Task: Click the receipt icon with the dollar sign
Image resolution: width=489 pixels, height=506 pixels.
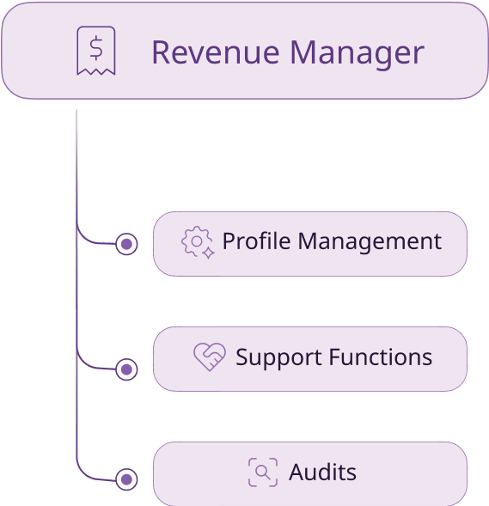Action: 96,51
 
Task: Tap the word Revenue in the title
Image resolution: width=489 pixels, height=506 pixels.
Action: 216,52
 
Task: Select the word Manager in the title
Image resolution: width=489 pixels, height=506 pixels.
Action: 357,54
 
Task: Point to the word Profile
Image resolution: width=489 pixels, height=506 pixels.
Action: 257,241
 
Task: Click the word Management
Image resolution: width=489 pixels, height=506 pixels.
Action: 370,242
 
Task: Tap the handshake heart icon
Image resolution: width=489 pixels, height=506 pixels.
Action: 210,357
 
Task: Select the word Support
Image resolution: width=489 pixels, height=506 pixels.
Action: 278,358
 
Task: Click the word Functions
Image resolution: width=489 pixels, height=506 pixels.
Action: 381,357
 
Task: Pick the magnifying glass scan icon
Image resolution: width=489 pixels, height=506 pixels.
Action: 263,472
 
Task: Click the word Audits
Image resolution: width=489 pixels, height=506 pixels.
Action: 322,472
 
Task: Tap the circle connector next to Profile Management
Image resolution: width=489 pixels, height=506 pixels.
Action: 126,244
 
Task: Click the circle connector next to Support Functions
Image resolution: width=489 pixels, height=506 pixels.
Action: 126,369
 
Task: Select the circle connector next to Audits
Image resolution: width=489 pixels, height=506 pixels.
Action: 126,479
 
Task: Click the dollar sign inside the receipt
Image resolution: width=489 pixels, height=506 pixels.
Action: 96,48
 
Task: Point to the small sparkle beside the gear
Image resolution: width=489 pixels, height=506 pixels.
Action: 209,253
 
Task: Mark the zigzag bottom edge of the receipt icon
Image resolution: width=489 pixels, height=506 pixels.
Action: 96,71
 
